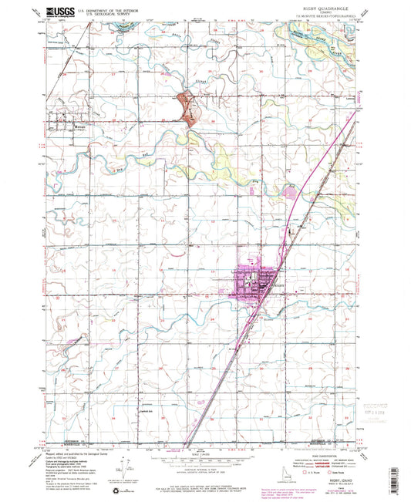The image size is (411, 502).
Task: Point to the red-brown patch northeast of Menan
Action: click(186, 106)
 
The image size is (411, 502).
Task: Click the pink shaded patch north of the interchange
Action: click(291, 189)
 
